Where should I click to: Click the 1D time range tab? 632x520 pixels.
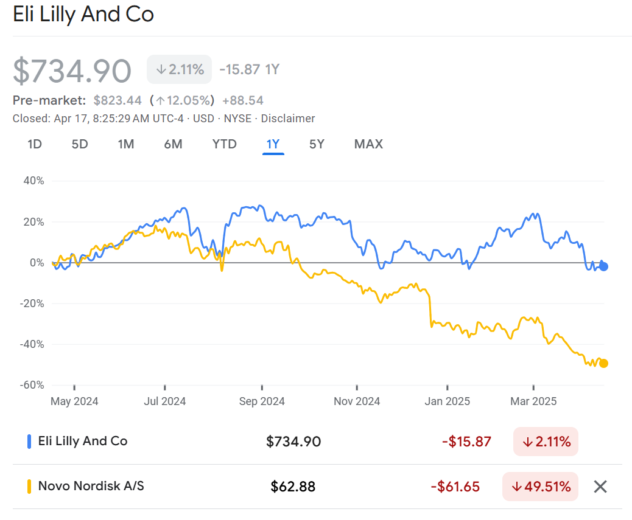click(x=35, y=144)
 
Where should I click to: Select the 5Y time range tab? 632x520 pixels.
click(x=317, y=144)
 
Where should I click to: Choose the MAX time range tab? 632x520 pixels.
click(x=368, y=144)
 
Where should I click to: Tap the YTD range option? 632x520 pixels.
click(x=224, y=144)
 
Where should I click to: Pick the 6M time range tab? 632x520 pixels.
click(x=173, y=144)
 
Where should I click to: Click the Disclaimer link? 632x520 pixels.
click(x=288, y=119)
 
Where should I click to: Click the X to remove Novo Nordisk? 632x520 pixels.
click(x=600, y=487)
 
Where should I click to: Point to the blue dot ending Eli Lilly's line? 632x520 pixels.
click(x=603, y=266)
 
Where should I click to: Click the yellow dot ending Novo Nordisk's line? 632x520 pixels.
click(x=603, y=364)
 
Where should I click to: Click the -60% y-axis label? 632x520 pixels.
click(x=33, y=385)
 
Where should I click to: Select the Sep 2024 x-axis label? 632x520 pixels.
click(x=261, y=401)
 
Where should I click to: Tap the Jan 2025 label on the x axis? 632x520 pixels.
click(x=447, y=401)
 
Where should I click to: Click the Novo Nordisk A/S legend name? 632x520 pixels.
click(x=91, y=486)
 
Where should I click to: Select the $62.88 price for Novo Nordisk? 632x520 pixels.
click(x=293, y=487)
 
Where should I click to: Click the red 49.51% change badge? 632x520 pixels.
click(x=540, y=487)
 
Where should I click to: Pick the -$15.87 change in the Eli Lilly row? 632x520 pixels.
click(x=466, y=442)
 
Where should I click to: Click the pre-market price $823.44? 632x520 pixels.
click(x=118, y=100)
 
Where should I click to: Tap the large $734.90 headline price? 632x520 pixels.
click(x=72, y=71)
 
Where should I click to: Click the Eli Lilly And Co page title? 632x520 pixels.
click(x=83, y=14)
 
